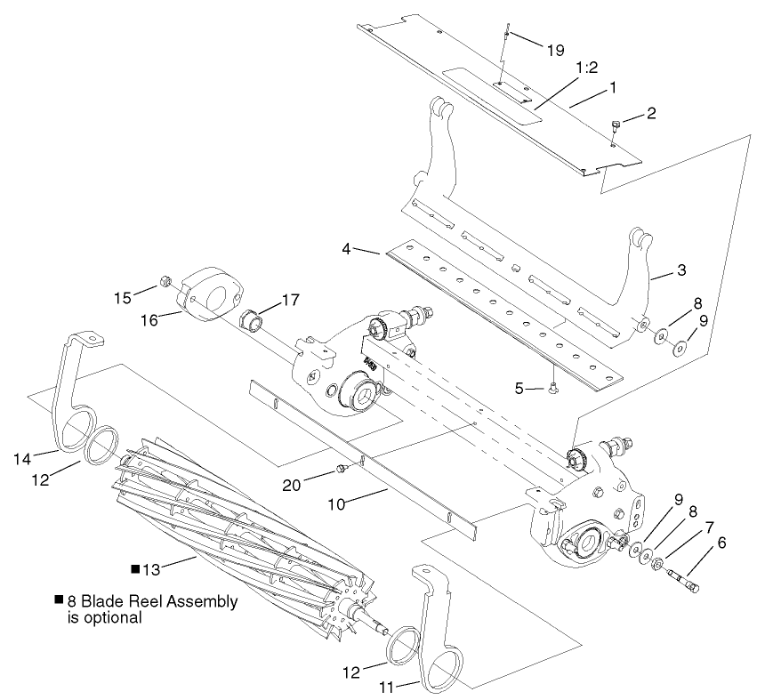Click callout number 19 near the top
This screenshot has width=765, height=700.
(554, 51)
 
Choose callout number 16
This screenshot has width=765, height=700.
(149, 318)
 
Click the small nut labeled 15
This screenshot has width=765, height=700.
(165, 283)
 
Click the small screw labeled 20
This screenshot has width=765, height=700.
(339, 468)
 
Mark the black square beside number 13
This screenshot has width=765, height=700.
(135, 567)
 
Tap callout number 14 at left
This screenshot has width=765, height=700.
(23, 458)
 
